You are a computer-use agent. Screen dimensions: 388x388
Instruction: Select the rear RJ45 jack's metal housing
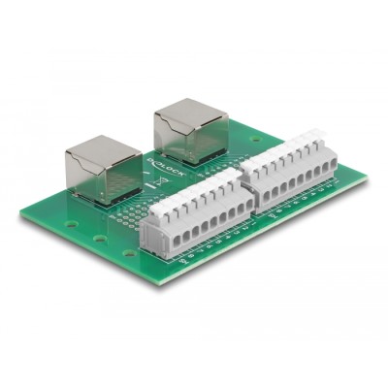[190, 126]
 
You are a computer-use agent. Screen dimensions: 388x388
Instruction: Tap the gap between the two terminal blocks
[241, 193]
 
